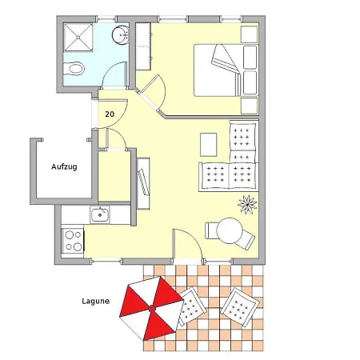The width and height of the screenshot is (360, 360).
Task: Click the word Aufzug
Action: [x=64, y=167]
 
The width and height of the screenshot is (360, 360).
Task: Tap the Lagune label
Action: [x=95, y=302]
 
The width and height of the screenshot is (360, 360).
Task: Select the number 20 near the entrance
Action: [x=110, y=114]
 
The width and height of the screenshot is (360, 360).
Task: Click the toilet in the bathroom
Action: [x=74, y=69]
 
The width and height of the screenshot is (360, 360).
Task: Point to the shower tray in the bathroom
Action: [x=78, y=38]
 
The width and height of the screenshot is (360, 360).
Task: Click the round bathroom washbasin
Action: [x=121, y=34]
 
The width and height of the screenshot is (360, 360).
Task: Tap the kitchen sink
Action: [x=100, y=215]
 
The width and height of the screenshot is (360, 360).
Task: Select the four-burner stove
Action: [x=73, y=241]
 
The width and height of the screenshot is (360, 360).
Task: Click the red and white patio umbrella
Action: [x=151, y=309]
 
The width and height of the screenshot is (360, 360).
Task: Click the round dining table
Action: [x=230, y=230]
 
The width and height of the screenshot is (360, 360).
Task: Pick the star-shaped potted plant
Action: [x=247, y=205]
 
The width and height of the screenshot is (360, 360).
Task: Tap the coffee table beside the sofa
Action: [x=208, y=145]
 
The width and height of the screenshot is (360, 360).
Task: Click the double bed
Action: [x=226, y=70]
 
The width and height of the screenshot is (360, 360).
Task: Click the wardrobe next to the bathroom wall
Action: [x=143, y=46]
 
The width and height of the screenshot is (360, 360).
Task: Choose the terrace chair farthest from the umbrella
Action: [x=240, y=307]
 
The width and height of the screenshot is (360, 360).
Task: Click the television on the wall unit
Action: [x=143, y=182]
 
